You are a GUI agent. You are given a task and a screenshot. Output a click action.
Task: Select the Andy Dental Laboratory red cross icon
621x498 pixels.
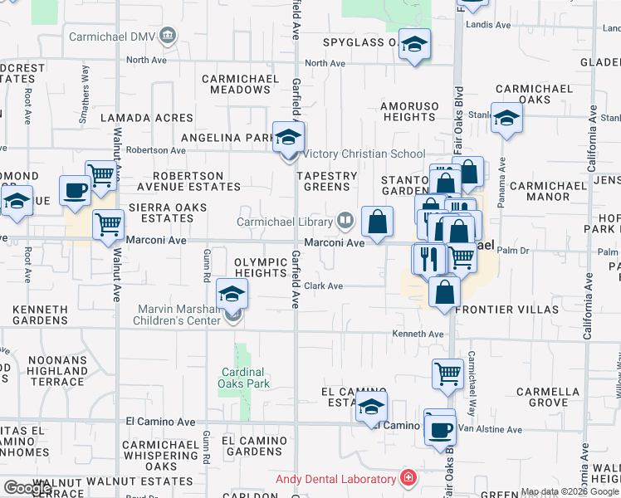tap(408, 478)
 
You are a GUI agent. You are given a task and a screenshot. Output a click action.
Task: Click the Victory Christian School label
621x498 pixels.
tap(364, 154)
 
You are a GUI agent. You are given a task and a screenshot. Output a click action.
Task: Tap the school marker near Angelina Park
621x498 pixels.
tap(289, 138)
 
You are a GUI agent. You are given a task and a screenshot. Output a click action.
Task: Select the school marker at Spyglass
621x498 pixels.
tap(414, 45)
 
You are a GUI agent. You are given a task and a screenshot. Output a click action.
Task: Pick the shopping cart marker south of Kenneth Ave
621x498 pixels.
tap(447, 374)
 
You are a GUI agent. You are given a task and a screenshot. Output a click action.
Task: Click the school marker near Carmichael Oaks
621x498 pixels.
tap(506, 119)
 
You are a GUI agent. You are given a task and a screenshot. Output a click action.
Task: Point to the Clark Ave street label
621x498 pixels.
tap(323, 286)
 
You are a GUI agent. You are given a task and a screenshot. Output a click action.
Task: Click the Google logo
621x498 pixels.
tap(27, 488)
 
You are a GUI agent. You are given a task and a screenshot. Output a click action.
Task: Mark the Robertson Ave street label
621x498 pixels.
tap(155, 150)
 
